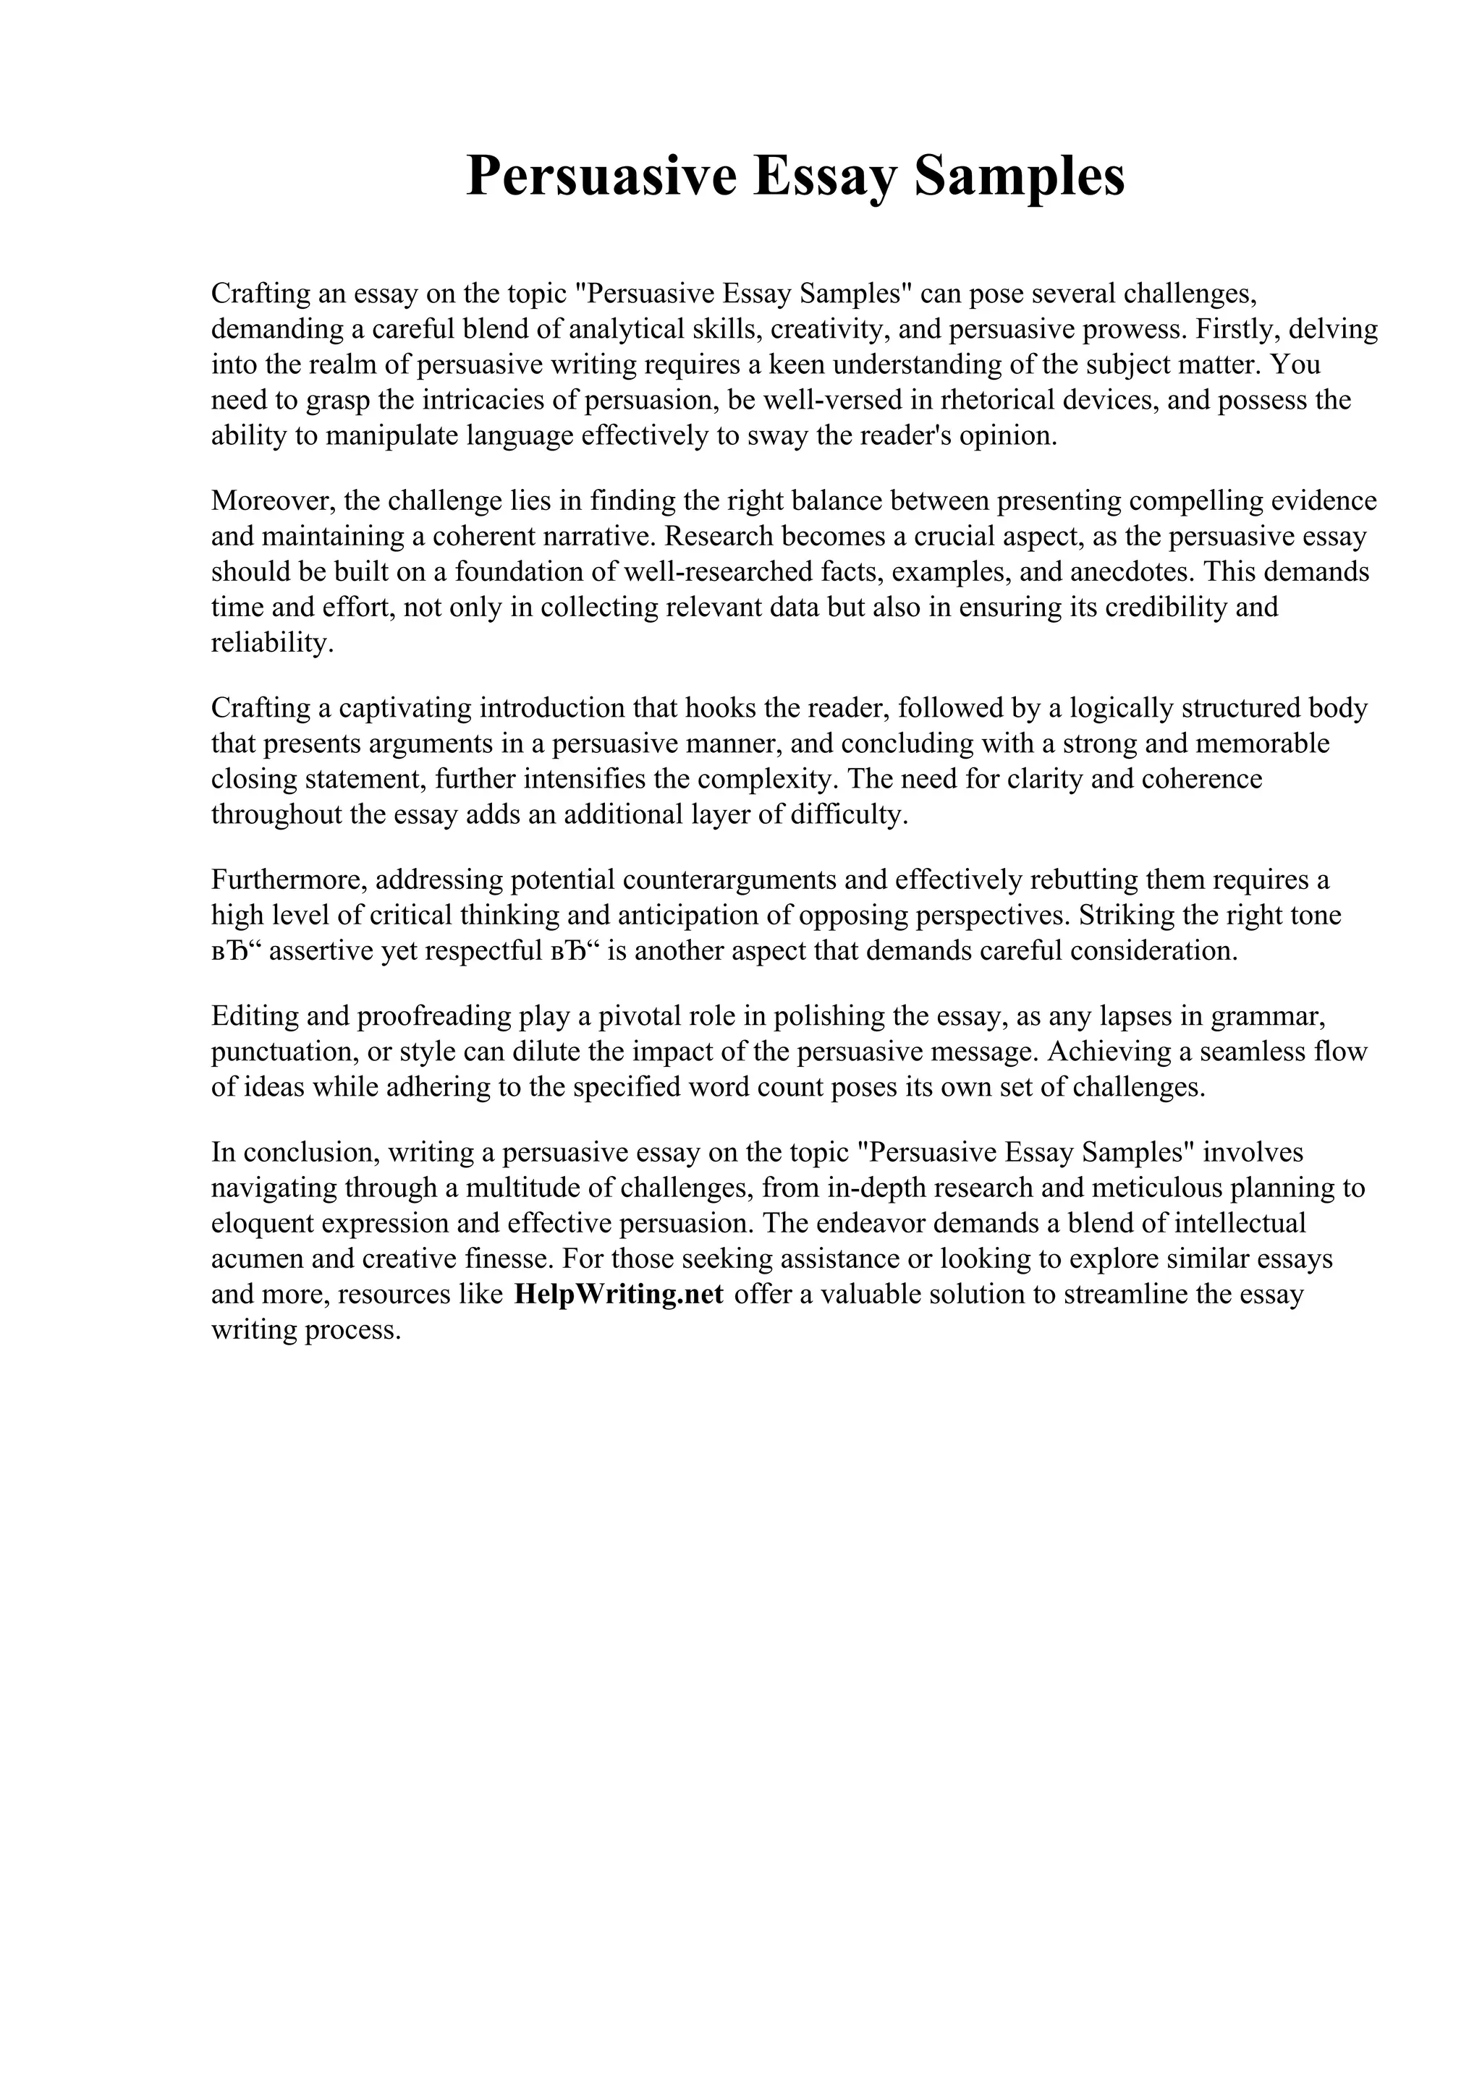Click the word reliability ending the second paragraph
pyautogui.click(x=268, y=643)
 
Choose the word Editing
pyautogui.click(x=252, y=1015)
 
